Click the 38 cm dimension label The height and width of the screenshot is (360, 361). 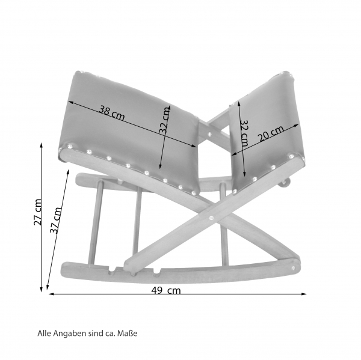[x=113, y=112]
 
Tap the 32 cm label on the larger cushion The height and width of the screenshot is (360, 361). [x=165, y=120]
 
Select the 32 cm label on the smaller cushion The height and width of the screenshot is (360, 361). [x=244, y=135]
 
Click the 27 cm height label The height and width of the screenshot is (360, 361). [x=38, y=212]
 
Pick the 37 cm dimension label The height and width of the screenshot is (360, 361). [x=55, y=221]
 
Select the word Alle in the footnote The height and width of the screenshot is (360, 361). [x=45, y=332]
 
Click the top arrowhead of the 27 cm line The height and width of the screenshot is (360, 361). [x=42, y=145]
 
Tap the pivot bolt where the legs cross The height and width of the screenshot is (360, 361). [x=212, y=217]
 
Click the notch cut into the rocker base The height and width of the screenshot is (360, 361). [x=111, y=269]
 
